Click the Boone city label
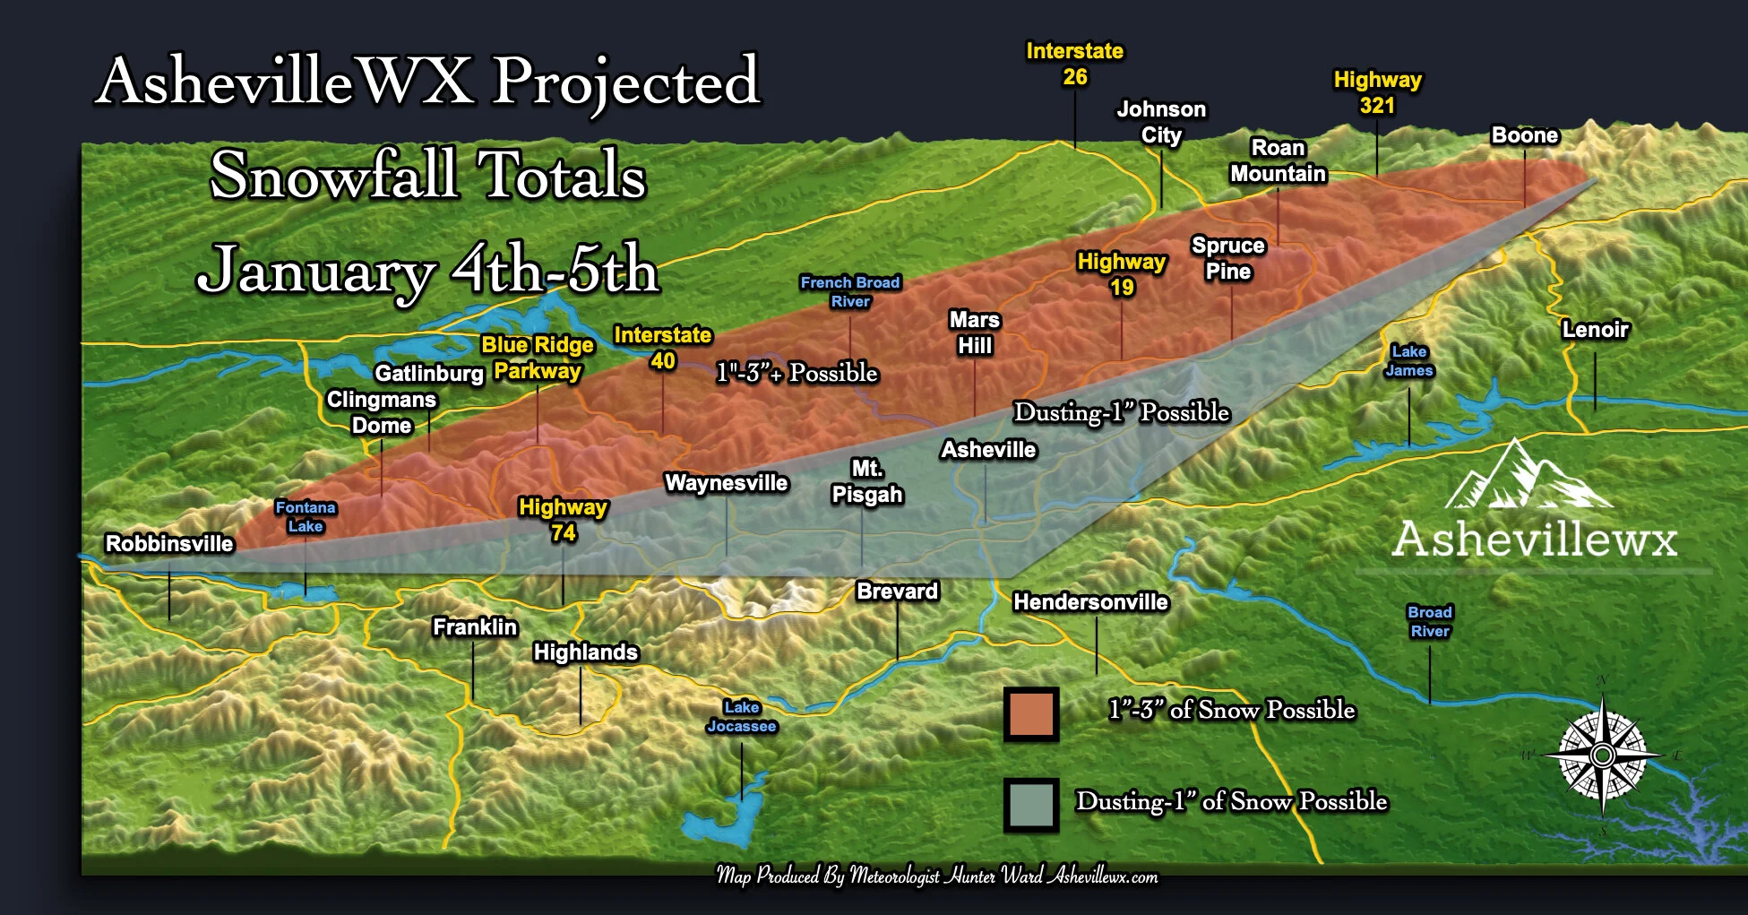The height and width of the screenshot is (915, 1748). [x=1525, y=135]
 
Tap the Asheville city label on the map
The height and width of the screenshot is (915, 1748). [x=988, y=450]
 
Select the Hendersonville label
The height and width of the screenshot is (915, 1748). [x=1090, y=602]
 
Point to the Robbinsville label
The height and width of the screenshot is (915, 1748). [x=169, y=544]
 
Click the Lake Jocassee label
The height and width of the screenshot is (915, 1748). [x=742, y=717]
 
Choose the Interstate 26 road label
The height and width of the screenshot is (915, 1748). [x=1074, y=65]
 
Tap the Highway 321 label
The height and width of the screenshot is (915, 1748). [x=1377, y=92]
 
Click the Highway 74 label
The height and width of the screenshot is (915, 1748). [x=563, y=520]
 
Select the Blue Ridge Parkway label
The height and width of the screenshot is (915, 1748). [x=538, y=358]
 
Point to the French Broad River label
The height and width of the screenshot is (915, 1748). [x=849, y=292]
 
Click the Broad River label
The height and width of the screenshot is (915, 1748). [x=1429, y=622]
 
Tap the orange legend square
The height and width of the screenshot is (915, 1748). [x=1031, y=714]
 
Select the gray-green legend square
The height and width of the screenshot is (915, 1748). [x=1031, y=804]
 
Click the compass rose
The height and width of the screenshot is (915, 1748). [x=1603, y=755]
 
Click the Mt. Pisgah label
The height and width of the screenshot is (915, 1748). [x=866, y=481]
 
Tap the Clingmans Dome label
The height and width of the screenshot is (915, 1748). [x=382, y=412]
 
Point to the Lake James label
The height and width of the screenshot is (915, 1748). [x=1408, y=361]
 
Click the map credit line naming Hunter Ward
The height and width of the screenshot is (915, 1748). [x=936, y=876]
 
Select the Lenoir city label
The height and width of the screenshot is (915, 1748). [x=1595, y=330]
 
